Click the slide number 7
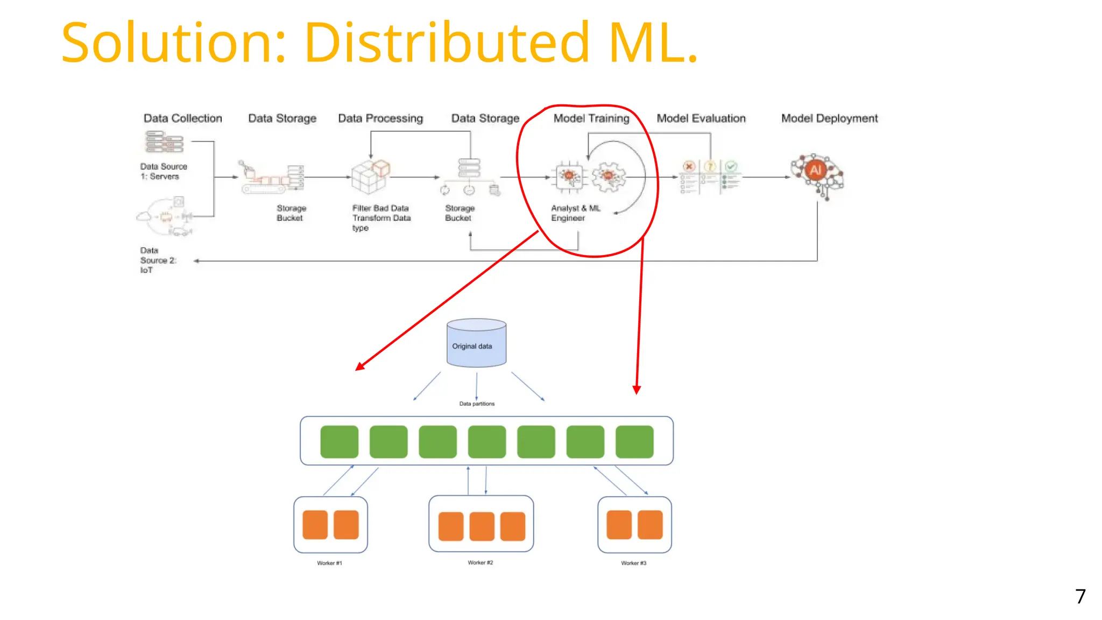(x=1080, y=596)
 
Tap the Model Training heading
(x=591, y=118)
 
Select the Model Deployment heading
(x=829, y=118)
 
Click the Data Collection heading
(x=182, y=118)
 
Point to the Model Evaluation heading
(x=701, y=118)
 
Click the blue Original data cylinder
(x=476, y=344)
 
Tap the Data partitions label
(x=477, y=404)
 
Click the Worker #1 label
(x=329, y=563)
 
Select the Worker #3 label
(x=633, y=563)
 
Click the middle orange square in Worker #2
(x=482, y=526)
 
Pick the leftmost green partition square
(x=339, y=442)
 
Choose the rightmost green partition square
(x=634, y=442)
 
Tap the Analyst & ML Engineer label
(x=575, y=213)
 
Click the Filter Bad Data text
(x=380, y=208)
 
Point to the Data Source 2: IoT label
(x=157, y=260)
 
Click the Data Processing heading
(x=380, y=118)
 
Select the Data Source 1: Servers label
(x=163, y=171)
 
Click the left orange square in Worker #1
(x=315, y=525)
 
